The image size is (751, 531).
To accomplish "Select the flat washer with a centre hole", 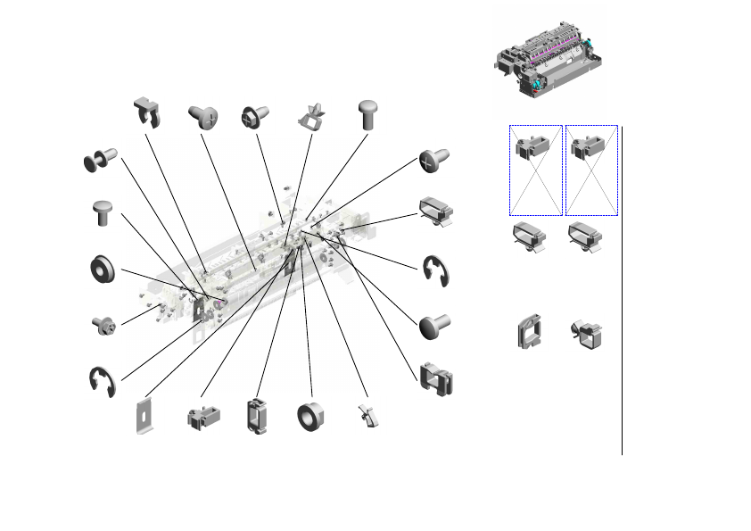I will (103, 269).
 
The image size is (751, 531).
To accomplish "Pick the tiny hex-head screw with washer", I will (103, 324).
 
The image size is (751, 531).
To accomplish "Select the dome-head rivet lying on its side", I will (434, 326).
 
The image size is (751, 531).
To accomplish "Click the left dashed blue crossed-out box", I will (535, 170).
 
